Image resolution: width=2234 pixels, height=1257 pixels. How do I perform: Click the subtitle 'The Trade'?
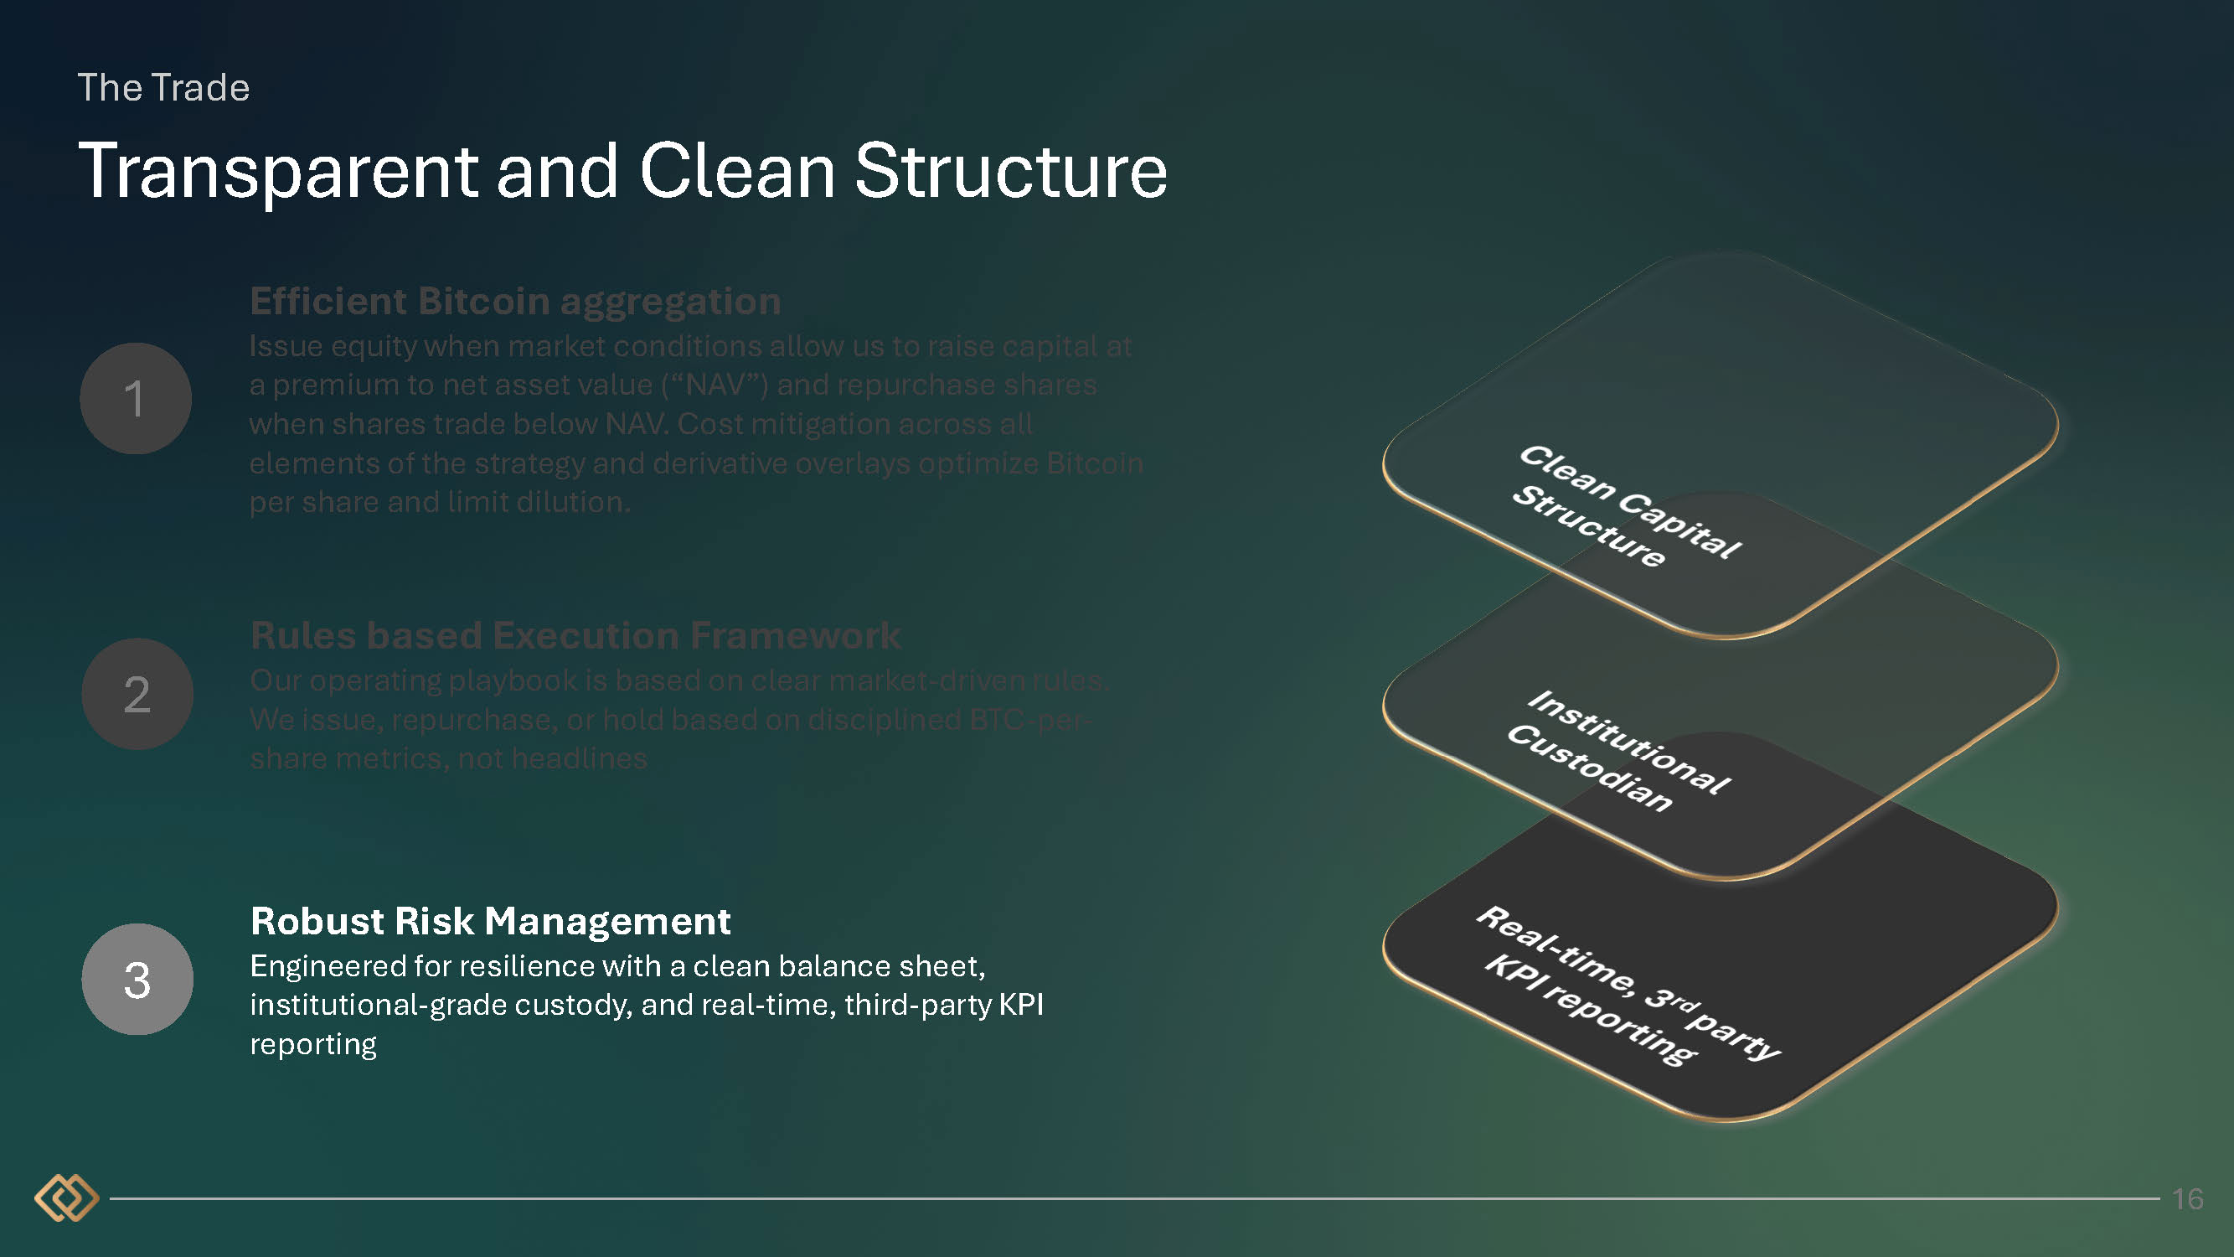164,88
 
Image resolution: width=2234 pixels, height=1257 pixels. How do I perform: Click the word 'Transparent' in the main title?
277,172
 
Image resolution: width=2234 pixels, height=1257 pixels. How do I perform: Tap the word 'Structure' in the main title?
1010,172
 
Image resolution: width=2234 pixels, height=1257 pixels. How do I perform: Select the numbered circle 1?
136,398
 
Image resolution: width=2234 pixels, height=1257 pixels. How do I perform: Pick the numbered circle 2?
137,694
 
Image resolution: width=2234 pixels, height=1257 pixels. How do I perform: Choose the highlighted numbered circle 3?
137,980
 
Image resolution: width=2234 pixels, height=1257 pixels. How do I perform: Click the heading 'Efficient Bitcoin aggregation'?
515,301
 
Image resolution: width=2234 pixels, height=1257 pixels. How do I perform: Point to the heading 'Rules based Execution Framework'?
575,635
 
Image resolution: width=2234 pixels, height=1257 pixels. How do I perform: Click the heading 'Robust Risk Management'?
490,920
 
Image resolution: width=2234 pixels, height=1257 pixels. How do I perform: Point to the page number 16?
2187,1199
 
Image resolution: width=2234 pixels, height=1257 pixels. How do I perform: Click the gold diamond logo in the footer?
66,1198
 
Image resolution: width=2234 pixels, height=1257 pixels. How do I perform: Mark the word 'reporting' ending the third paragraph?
313,1043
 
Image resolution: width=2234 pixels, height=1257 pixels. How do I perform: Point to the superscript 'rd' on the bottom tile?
1684,1004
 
